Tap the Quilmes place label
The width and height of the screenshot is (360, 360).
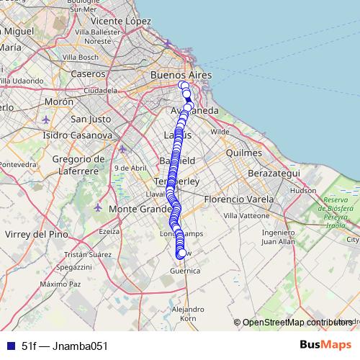tap(243, 153)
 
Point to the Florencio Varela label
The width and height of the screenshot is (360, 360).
tap(239, 199)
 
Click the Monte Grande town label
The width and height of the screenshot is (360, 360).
tap(132, 209)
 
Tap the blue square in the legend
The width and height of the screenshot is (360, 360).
tap(8, 346)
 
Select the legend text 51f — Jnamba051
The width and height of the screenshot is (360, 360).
tap(64, 346)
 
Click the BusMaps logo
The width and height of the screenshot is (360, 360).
tap(326, 345)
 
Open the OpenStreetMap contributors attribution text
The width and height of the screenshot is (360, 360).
tap(297, 323)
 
